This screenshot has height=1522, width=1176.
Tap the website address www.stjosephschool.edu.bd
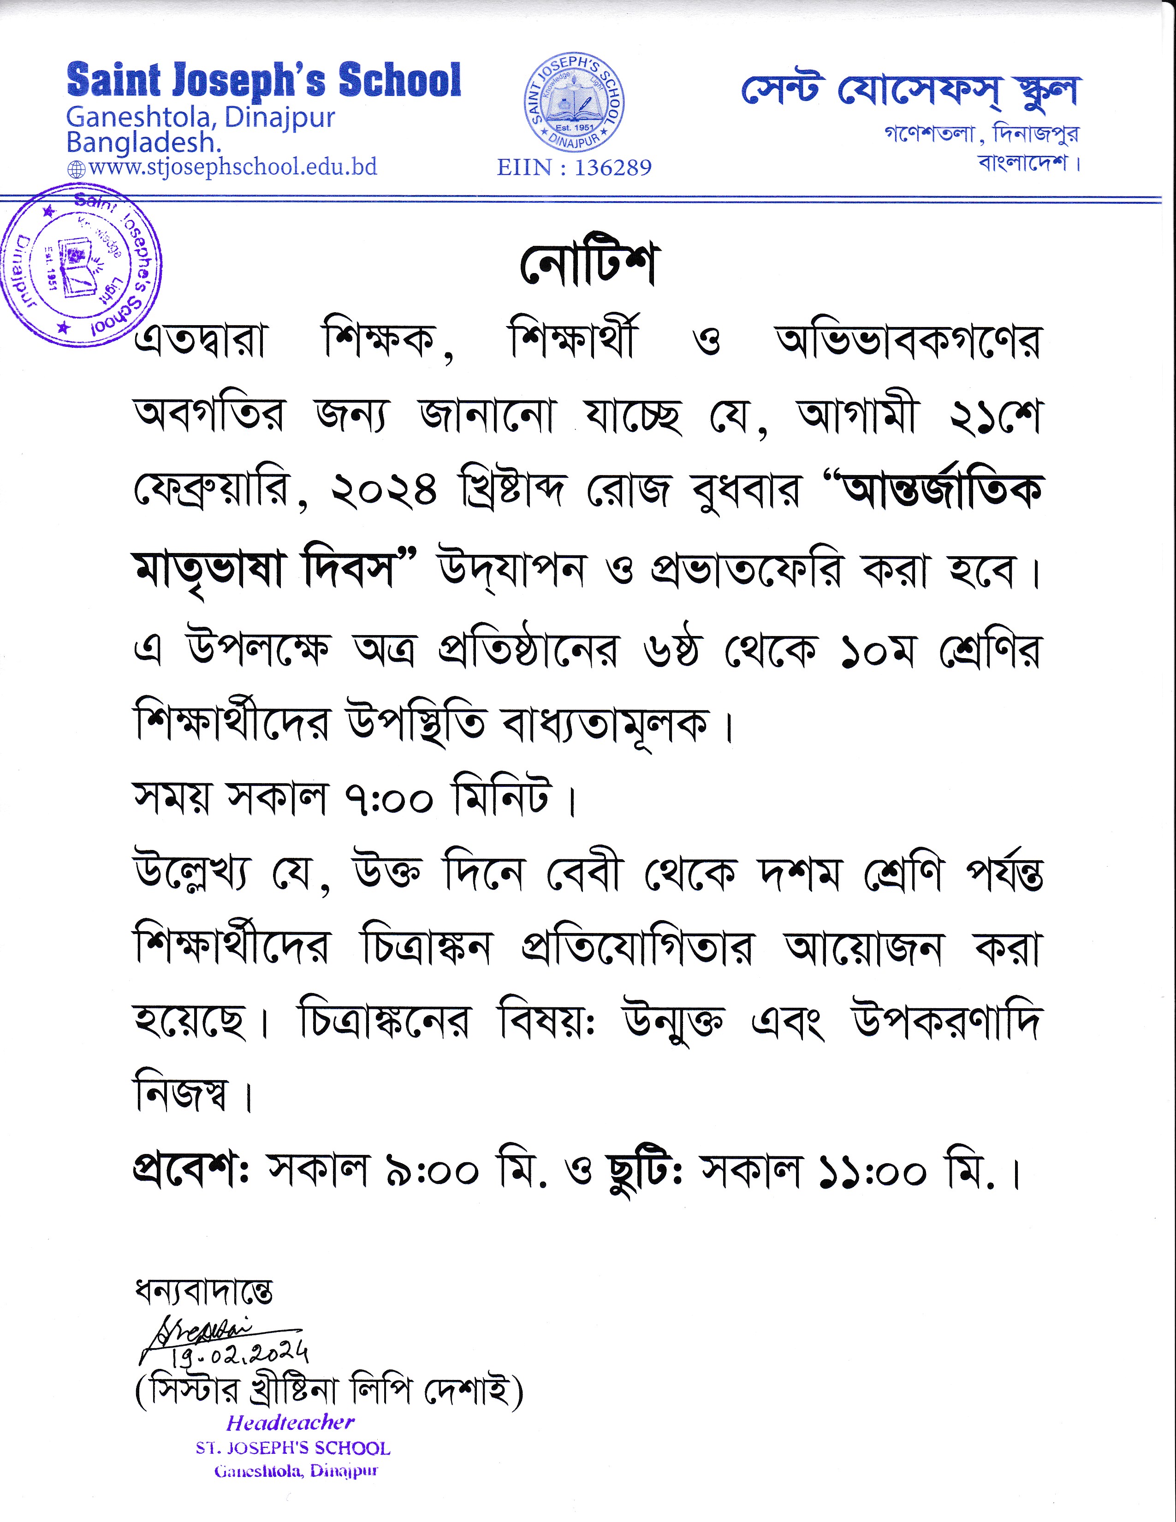coord(233,167)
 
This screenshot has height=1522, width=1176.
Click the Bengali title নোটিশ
coord(587,266)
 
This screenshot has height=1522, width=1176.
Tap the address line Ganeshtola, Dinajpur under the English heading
coord(201,117)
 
